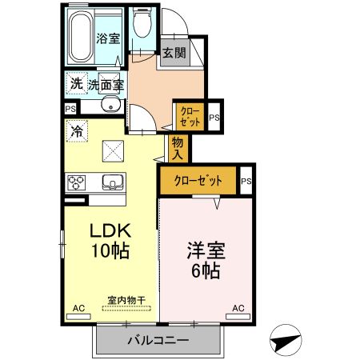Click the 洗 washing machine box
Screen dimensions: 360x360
pyautogui.click(x=76, y=82)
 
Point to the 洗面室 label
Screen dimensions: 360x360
pyautogui.click(x=105, y=83)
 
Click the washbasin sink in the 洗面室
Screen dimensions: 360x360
pyautogui.click(x=110, y=105)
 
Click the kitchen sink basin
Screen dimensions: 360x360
pyautogui.click(x=112, y=182)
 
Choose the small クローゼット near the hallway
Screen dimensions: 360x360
pyautogui.click(x=190, y=116)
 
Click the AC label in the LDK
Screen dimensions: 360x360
pyautogui.click(x=78, y=307)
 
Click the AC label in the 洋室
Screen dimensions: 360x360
pyautogui.click(x=238, y=307)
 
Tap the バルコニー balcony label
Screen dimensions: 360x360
pyautogui.click(x=158, y=342)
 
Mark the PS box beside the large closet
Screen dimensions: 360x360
pyautogui.click(x=246, y=181)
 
